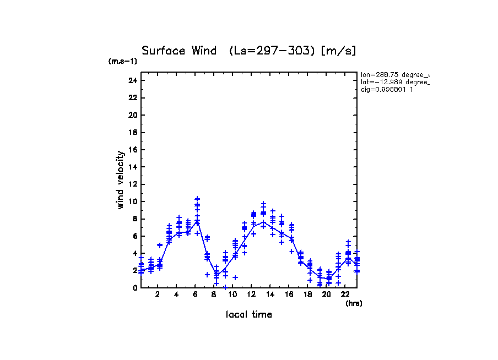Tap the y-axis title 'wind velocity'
coord(120,180)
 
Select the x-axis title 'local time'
coord(248,314)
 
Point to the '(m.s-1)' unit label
coord(123,62)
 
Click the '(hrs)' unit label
coord(354,303)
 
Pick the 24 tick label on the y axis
coord(132,80)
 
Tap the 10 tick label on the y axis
coord(132,201)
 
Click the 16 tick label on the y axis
coord(132,150)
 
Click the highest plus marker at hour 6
coord(197,199)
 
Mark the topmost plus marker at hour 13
coord(263,204)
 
